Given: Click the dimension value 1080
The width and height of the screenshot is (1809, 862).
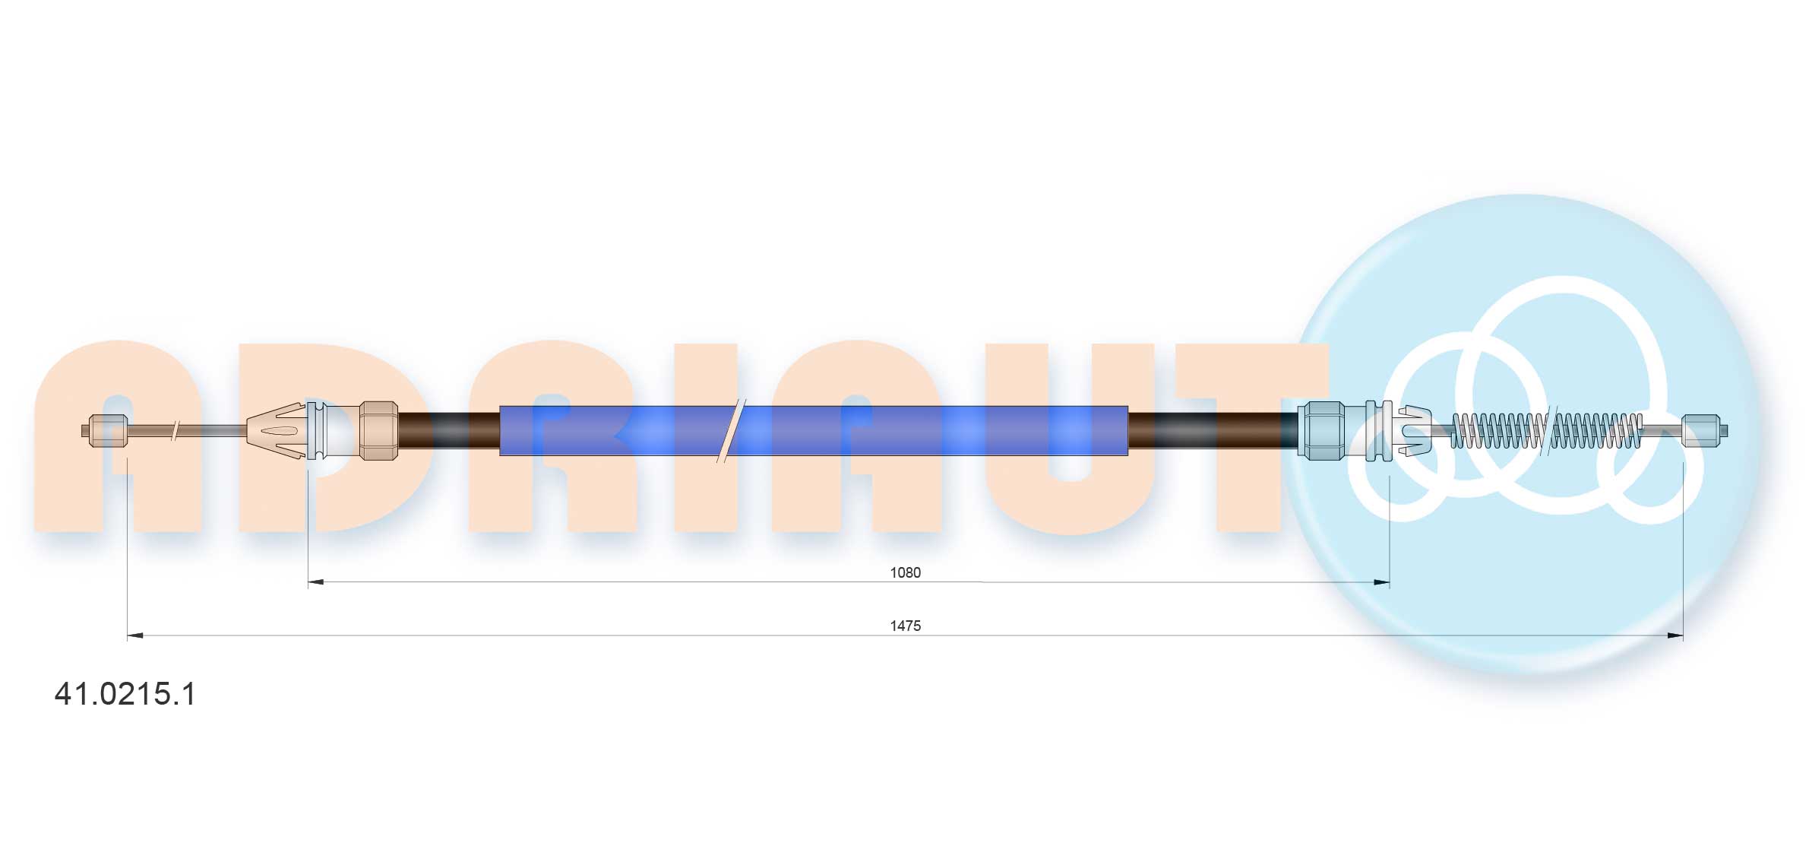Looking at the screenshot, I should click(905, 572).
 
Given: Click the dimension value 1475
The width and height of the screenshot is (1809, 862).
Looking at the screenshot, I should click(905, 626).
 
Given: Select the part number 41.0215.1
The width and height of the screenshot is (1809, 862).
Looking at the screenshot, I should click(125, 694).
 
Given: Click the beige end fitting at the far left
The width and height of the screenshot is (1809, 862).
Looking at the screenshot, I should click(107, 430).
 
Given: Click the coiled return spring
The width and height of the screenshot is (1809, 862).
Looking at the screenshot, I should click(1546, 430).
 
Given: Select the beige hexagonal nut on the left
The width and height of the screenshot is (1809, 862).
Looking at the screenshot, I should click(378, 430).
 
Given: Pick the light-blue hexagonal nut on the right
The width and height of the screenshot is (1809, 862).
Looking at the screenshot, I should click(1320, 430).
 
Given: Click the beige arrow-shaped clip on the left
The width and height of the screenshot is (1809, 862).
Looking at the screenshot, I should click(276, 430).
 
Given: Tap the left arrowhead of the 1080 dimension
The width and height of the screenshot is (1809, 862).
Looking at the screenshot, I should click(315, 582).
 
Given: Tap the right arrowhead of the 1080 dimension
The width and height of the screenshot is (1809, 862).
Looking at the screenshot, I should click(1382, 582).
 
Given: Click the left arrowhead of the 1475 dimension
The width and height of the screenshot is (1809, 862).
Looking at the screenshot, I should click(134, 635).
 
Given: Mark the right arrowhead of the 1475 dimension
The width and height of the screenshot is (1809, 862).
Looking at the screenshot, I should click(1675, 635).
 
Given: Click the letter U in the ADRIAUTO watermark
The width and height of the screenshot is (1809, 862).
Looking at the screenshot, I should click(1070, 441).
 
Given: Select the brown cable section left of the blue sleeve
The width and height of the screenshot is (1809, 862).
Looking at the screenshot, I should click(448, 430).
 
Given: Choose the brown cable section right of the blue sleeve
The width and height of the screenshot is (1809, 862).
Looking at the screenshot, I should click(1212, 430).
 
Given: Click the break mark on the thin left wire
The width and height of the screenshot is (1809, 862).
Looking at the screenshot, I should click(176, 430).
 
